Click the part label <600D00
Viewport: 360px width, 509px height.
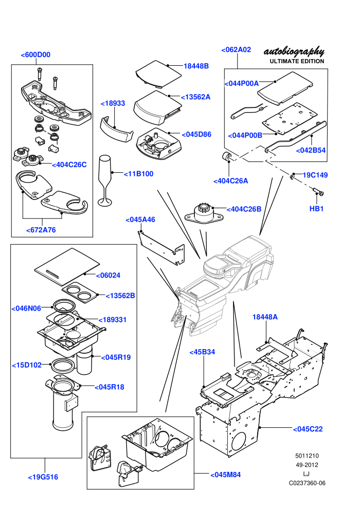point(35,55)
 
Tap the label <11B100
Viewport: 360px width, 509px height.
point(139,174)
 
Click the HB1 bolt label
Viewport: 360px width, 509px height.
point(316,209)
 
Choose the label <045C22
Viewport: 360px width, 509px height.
point(308,429)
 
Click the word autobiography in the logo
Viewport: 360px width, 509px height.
point(294,52)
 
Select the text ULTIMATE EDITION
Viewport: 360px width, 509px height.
point(297,61)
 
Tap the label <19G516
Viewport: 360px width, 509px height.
point(43,477)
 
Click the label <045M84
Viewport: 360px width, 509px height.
point(226,475)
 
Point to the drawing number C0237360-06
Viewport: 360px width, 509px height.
point(307,483)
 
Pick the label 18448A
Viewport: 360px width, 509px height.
point(265,317)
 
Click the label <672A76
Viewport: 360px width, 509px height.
point(41,230)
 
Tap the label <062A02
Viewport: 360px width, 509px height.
point(237,50)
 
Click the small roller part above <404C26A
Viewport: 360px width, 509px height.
point(226,156)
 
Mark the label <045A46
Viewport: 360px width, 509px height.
point(140,220)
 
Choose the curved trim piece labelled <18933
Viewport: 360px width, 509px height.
point(116,130)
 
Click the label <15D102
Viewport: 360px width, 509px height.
point(27,365)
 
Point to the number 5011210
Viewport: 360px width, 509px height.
point(307,456)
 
